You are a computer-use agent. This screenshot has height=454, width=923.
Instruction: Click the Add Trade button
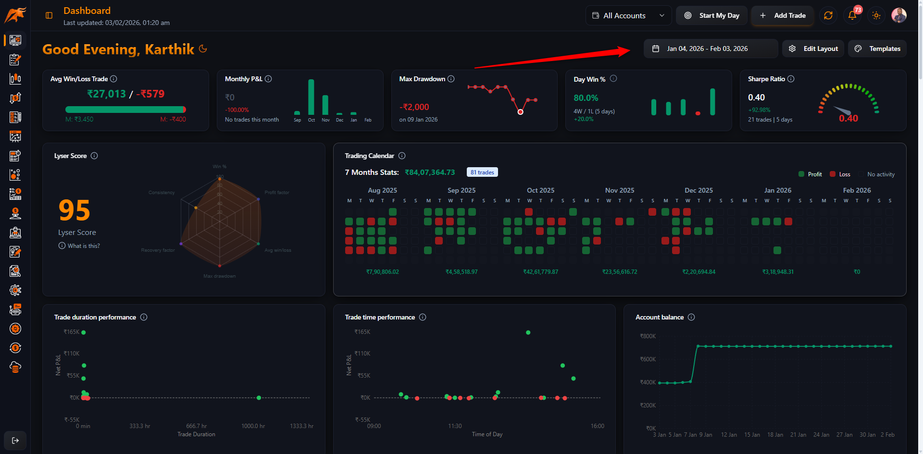(783, 15)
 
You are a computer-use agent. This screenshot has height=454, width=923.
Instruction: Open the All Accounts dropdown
(628, 15)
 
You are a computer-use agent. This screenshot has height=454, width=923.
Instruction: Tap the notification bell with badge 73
(852, 15)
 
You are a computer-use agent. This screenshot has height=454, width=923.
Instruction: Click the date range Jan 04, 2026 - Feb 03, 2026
(707, 49)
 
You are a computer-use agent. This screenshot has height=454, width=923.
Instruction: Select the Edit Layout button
(813, 49)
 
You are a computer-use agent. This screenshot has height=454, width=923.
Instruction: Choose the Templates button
(878, 49)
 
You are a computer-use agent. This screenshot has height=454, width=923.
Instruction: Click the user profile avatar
(898, 15)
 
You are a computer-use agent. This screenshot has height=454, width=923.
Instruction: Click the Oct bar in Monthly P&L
(311, 97)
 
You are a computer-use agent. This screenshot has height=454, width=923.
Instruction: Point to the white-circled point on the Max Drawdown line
(520, 112)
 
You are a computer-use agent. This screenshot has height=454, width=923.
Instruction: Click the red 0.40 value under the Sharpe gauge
(848, 119)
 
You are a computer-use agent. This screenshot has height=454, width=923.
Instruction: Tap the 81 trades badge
(482, 172)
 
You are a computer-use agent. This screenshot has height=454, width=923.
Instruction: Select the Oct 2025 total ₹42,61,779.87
(540, 272)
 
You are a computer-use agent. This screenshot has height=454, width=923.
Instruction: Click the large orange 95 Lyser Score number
(75, 210)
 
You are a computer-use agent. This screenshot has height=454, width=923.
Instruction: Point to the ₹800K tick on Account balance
(648, 336)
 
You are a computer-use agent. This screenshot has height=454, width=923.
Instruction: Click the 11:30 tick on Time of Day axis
(455, 426)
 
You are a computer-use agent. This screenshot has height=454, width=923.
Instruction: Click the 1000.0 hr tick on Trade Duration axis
(253, 426)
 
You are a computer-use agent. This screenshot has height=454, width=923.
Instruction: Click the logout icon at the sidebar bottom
(15, 441)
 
